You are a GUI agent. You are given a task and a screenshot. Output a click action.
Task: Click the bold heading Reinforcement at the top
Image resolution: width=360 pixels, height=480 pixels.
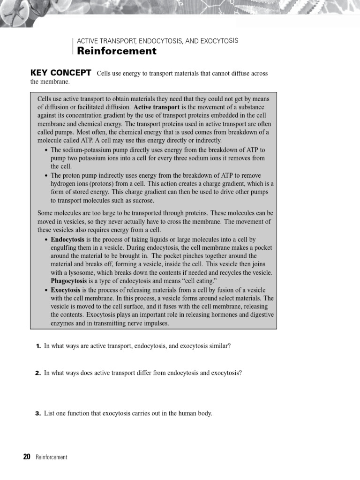(117, 52)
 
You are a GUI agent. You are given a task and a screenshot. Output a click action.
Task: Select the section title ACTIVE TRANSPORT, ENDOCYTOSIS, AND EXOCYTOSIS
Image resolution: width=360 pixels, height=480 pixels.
(157, 41)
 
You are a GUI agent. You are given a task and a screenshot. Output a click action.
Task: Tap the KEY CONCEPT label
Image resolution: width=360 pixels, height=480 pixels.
(60, 73)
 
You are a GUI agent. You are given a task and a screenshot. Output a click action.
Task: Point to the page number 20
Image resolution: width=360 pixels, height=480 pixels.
(27, 457)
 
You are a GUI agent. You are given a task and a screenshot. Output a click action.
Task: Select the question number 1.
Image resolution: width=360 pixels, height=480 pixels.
(38, 346)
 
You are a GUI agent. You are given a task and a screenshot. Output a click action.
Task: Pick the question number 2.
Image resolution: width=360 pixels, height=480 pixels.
(38, 373)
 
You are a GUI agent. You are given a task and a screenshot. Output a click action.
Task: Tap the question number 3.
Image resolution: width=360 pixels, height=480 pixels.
(38, 413)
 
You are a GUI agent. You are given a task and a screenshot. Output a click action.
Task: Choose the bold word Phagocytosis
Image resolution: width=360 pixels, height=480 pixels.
(68, 281)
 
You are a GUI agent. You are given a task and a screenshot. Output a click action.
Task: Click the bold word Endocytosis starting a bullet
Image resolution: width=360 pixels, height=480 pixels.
(67, 239)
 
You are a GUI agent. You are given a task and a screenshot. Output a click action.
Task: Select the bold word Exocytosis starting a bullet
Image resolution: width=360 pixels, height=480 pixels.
(66, 290)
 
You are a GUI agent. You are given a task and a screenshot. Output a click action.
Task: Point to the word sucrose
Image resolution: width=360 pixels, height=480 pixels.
(142, 201)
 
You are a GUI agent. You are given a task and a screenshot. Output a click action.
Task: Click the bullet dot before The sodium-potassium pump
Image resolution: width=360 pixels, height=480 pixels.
(45, 150)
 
